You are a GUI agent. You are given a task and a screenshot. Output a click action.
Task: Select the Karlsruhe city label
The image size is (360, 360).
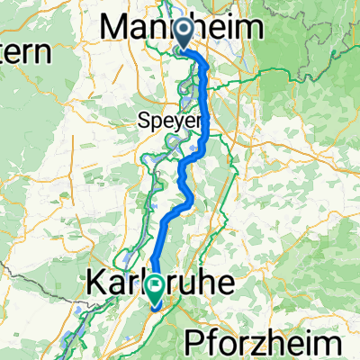coord(162,283)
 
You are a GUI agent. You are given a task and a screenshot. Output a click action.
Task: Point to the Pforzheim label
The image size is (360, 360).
coord(263,343)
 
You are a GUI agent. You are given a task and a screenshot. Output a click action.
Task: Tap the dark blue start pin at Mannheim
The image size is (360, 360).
coord(184,34)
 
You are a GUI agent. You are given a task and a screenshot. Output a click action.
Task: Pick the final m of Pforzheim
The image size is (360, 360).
coord(331,343)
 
